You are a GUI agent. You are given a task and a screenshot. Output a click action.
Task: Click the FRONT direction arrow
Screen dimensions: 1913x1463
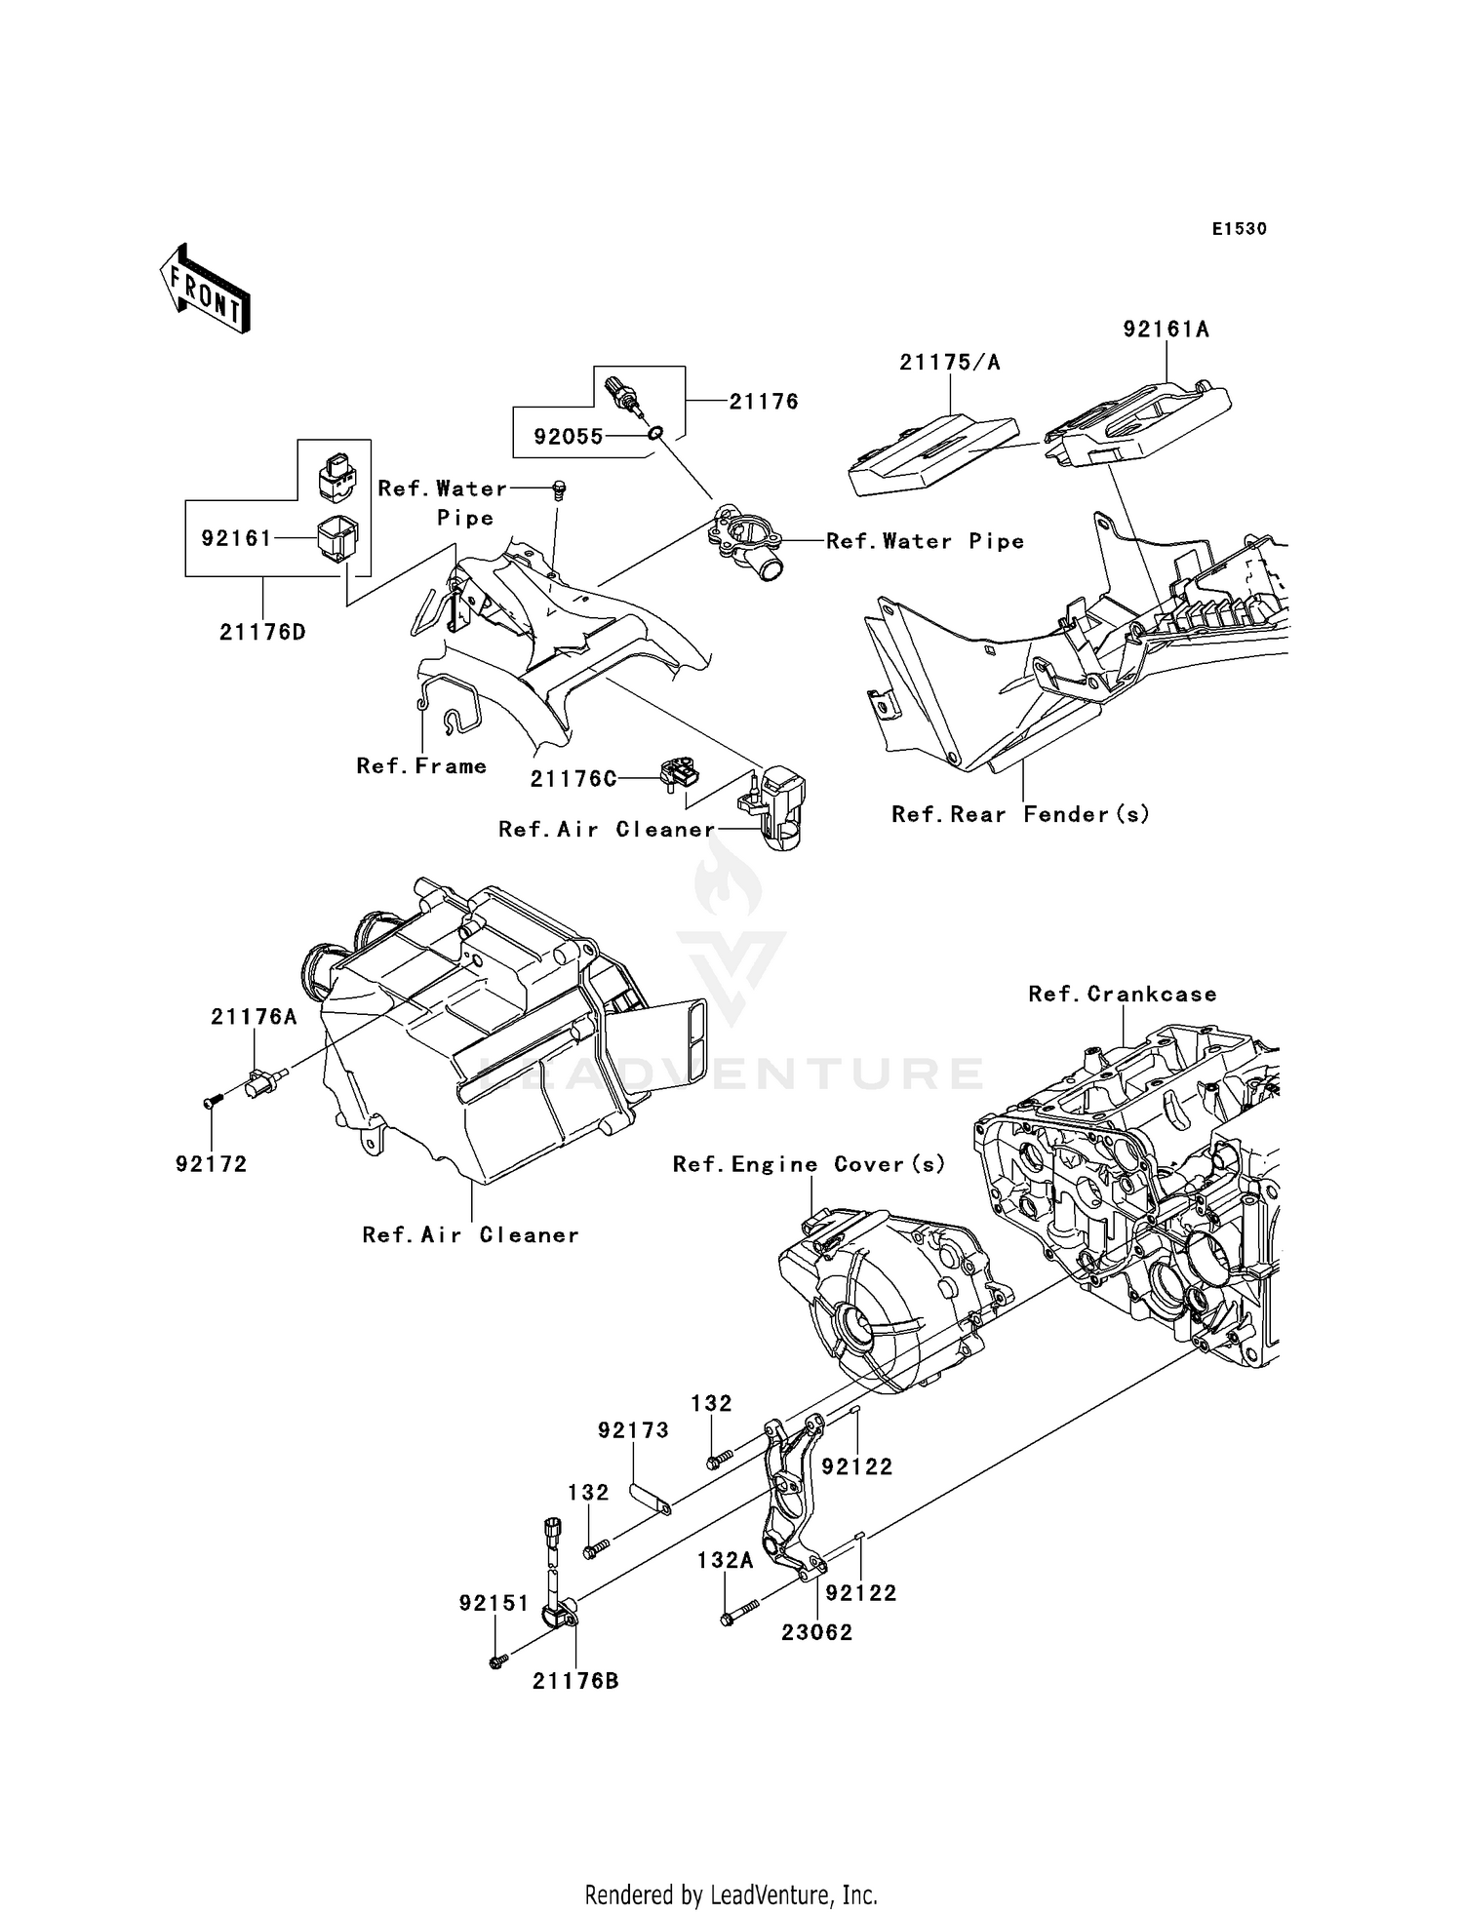205,289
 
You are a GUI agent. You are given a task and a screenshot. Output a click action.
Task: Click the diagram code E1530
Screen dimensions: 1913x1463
1239,229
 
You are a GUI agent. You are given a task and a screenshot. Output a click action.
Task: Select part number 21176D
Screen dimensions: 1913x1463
262,632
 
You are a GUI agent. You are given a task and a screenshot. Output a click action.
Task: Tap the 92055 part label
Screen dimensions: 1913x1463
569,437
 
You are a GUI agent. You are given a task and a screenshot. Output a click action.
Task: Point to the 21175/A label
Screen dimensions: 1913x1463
950,363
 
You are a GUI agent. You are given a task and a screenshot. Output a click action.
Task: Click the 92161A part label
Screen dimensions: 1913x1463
1166,330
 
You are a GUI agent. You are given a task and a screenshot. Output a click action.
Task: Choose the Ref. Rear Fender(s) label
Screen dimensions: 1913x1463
1020,814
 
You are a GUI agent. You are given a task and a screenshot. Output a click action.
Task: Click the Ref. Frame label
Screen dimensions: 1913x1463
421,766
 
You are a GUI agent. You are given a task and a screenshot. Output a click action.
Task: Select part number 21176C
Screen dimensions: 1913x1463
573,779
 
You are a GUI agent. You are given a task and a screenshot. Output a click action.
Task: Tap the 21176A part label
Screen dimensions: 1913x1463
254,1017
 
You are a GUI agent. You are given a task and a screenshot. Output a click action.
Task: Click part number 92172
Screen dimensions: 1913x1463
212,1164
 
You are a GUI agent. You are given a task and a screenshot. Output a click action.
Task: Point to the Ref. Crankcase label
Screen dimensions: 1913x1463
1123,994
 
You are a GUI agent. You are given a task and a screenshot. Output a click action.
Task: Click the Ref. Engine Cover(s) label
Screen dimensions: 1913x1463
809,1164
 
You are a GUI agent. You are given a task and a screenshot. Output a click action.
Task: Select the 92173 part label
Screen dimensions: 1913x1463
633,1430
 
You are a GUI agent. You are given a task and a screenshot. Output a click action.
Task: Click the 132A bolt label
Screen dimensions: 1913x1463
725,1560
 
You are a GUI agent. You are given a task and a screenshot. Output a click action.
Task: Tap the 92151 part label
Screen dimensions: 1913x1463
494,1603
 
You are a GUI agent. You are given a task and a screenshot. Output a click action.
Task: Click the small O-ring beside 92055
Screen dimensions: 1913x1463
656,431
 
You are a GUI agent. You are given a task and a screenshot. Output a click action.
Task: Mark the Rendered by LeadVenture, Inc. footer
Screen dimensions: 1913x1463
731,1894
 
